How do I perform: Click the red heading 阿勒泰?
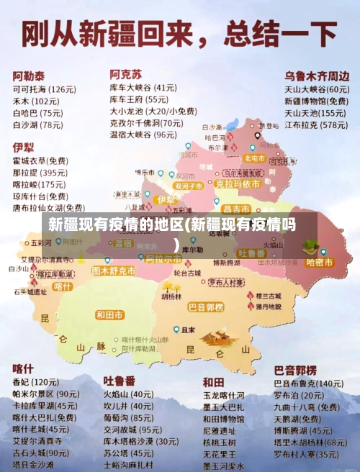pos(28,76)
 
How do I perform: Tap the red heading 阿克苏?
pos(125,74)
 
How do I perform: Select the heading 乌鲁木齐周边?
pos(316,76)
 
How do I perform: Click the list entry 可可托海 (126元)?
pos(44,89)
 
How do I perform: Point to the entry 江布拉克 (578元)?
pos(315,124)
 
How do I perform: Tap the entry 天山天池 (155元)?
pos(315,113)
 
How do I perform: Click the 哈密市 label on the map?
pos(319,263)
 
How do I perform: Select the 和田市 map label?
pos(110,314)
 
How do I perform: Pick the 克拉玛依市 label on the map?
pos(237,184)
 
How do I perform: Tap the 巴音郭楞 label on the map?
pos(206,307)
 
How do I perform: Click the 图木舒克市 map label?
pos(114,271)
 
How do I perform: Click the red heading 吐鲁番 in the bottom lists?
pos(120,380)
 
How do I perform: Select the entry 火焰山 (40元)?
pos(127,394)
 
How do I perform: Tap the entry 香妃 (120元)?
pos(35,382)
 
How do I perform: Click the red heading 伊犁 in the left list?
pos(23,147)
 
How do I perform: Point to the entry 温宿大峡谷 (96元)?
pos(143,135)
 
